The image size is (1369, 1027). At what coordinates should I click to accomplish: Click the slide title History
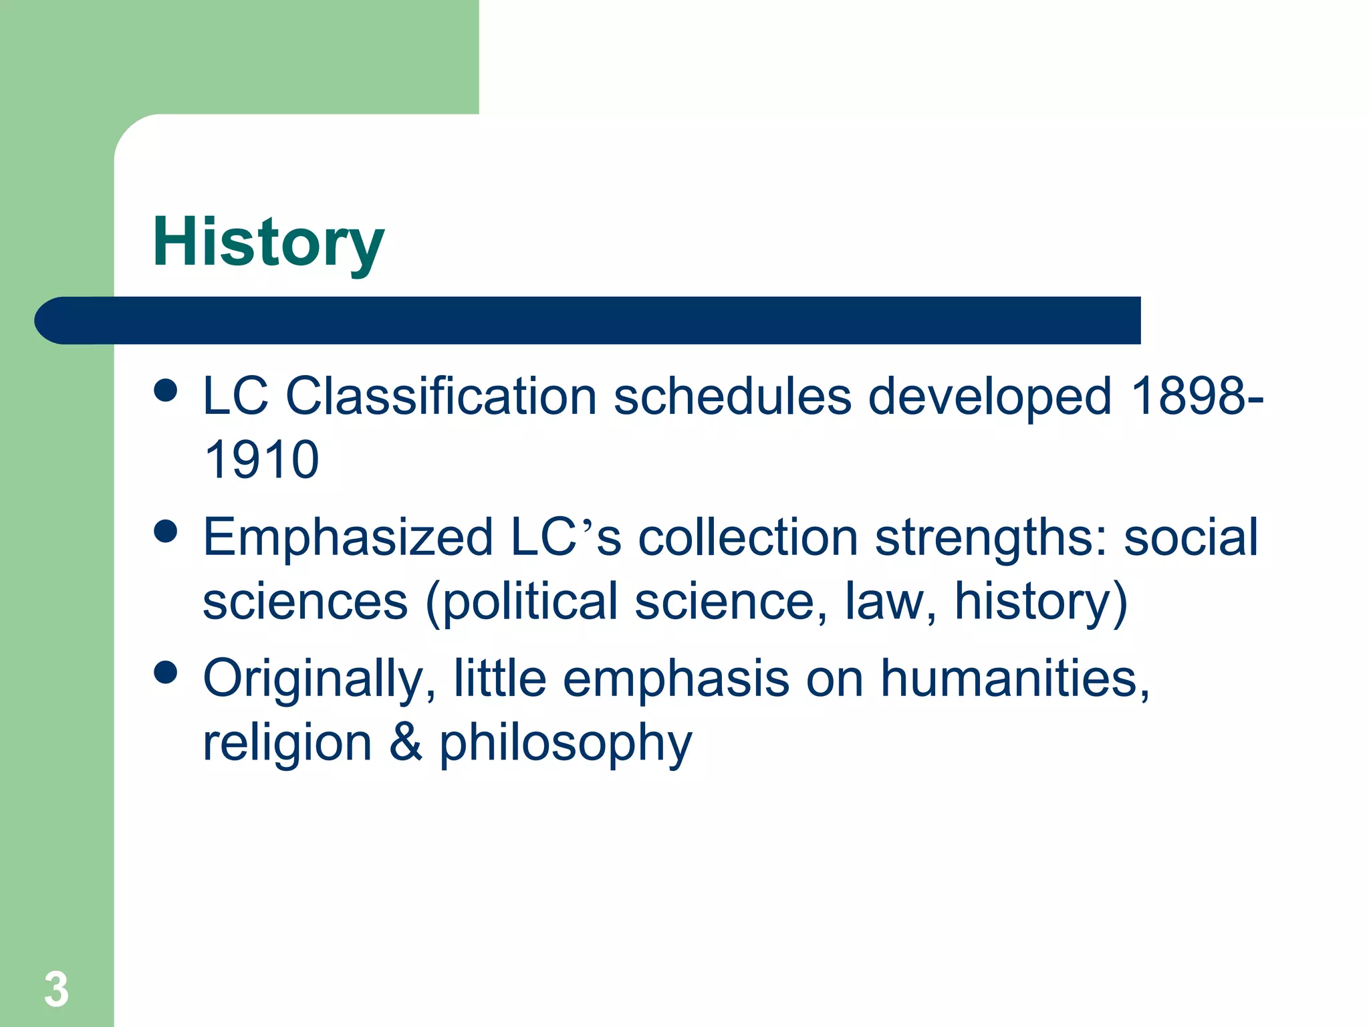click(268, 242)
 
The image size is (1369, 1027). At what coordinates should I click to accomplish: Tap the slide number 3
click(57, 989)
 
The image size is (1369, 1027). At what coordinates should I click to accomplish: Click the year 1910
click(261, 460)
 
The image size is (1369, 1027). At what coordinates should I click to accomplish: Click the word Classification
click(441, 396)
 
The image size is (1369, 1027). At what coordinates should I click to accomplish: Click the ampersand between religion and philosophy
click(406, 742)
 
